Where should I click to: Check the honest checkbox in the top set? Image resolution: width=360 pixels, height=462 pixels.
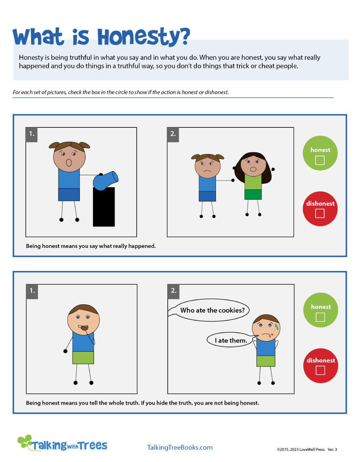[x=320, y=160]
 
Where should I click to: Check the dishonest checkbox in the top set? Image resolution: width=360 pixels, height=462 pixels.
[x=320, y=213]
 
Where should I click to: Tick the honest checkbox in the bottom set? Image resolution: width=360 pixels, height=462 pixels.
[x=320, y=317]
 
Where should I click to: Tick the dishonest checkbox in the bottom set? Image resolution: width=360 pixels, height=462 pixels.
[x=320, y=370]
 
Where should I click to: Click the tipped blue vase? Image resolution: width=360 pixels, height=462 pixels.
[x=105, y=180]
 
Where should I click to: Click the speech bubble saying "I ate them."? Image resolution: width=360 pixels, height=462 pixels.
[x=230, y=340]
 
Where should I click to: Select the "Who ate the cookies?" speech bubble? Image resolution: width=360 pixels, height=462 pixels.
[x=212, y=310]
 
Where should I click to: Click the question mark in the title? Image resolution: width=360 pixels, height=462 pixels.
[x=184, y=36]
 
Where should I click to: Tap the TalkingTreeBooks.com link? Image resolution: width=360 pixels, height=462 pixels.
[x=180, y=447]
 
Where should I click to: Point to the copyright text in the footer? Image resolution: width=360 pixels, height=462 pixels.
[x=307, y=449]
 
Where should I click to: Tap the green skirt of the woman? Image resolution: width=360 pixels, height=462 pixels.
[x=253, y=194]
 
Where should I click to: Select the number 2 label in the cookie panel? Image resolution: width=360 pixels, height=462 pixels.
[x=174, y=290]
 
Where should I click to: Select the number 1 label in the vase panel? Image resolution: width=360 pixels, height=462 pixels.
[x=32, y=134]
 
